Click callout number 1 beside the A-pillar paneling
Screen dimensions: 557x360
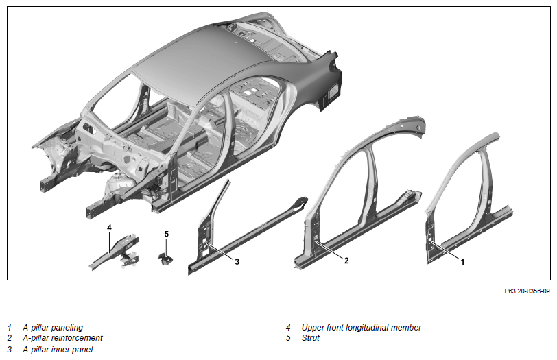pos(462,262)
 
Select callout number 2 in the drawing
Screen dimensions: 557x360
pos(346,261)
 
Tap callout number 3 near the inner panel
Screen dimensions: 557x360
pos(237,262)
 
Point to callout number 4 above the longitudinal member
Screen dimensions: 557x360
pos(110,228)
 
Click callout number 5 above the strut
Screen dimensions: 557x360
pos(167,234)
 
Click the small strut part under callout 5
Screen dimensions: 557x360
pos(165,259)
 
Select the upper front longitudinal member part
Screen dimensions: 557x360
pos(115,251)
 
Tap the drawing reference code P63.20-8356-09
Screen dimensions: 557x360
pos(527,291)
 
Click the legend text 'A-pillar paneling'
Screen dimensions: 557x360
pos(53,328)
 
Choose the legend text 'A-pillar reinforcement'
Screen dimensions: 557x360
pos(63,338)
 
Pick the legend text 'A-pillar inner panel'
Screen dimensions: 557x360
pos(58,350)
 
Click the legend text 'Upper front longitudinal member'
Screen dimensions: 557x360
pos(362,328)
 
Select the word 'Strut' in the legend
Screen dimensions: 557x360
pos(311,338)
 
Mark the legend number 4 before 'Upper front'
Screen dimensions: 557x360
pos(288,328)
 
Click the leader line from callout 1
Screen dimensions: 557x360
pos(445,251)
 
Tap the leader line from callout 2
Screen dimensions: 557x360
pos(329,250)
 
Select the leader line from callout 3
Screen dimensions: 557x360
pos(220,252)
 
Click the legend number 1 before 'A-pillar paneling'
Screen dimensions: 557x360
pos(9,328)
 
